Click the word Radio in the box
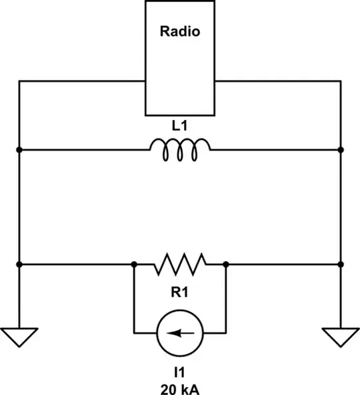click(179, 31)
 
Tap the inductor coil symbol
click(179, 150)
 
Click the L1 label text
click(179, 125)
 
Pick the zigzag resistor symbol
click(180, 264)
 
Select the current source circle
click(180, 332)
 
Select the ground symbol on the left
click(19, 337)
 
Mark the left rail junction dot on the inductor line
click(19, 150)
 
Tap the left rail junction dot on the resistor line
click(19, 264)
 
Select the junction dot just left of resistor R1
click(134, 264)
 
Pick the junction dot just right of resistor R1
click(226, 264)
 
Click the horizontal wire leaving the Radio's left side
click(80, 81)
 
